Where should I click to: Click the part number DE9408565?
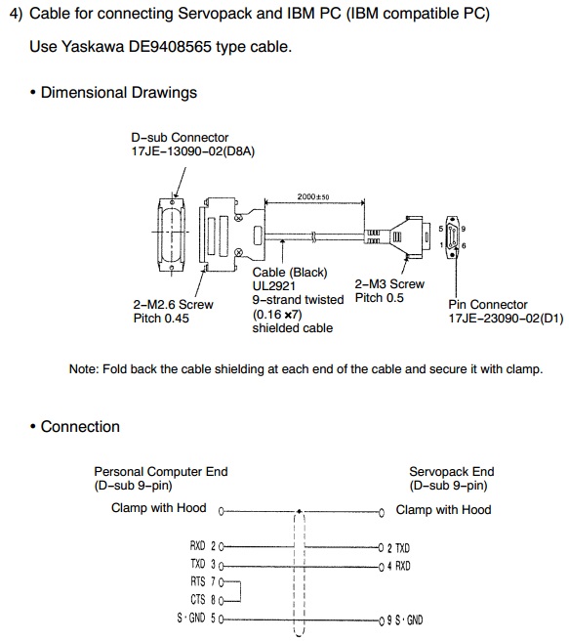pos(170,47)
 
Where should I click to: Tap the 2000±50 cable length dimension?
pos(313,196)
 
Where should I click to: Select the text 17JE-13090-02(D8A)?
pos(192,151)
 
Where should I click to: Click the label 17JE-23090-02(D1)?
pos(506,319)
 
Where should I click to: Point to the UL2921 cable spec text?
pos(273,285)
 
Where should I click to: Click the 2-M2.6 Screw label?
pos(173,305)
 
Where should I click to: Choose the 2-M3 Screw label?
pos(389,284)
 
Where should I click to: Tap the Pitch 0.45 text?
pos(161,319)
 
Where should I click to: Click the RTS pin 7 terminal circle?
pos(222,581)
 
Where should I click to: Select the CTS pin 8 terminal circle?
pos(222,601)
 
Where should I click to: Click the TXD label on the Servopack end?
pos(402,548)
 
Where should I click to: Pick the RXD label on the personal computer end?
pos(197,546)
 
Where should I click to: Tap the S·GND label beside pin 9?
pos(409,620)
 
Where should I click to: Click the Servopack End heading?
pos(452,472)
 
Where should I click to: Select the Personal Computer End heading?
pos(161,472)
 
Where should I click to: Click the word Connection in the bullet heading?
pos(80,427)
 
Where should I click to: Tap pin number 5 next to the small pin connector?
pos(441,229)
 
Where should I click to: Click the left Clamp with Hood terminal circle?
pos(222,511)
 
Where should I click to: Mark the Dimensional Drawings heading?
pos(119,93)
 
